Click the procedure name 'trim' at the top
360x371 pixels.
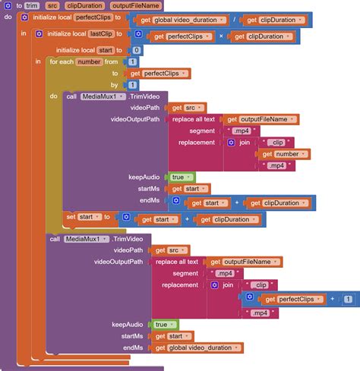32,5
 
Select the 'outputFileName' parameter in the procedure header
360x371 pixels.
134,5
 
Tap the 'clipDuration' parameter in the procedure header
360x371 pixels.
84,5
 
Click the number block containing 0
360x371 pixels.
136,49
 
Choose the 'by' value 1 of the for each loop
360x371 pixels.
133,85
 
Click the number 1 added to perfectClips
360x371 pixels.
348,299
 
